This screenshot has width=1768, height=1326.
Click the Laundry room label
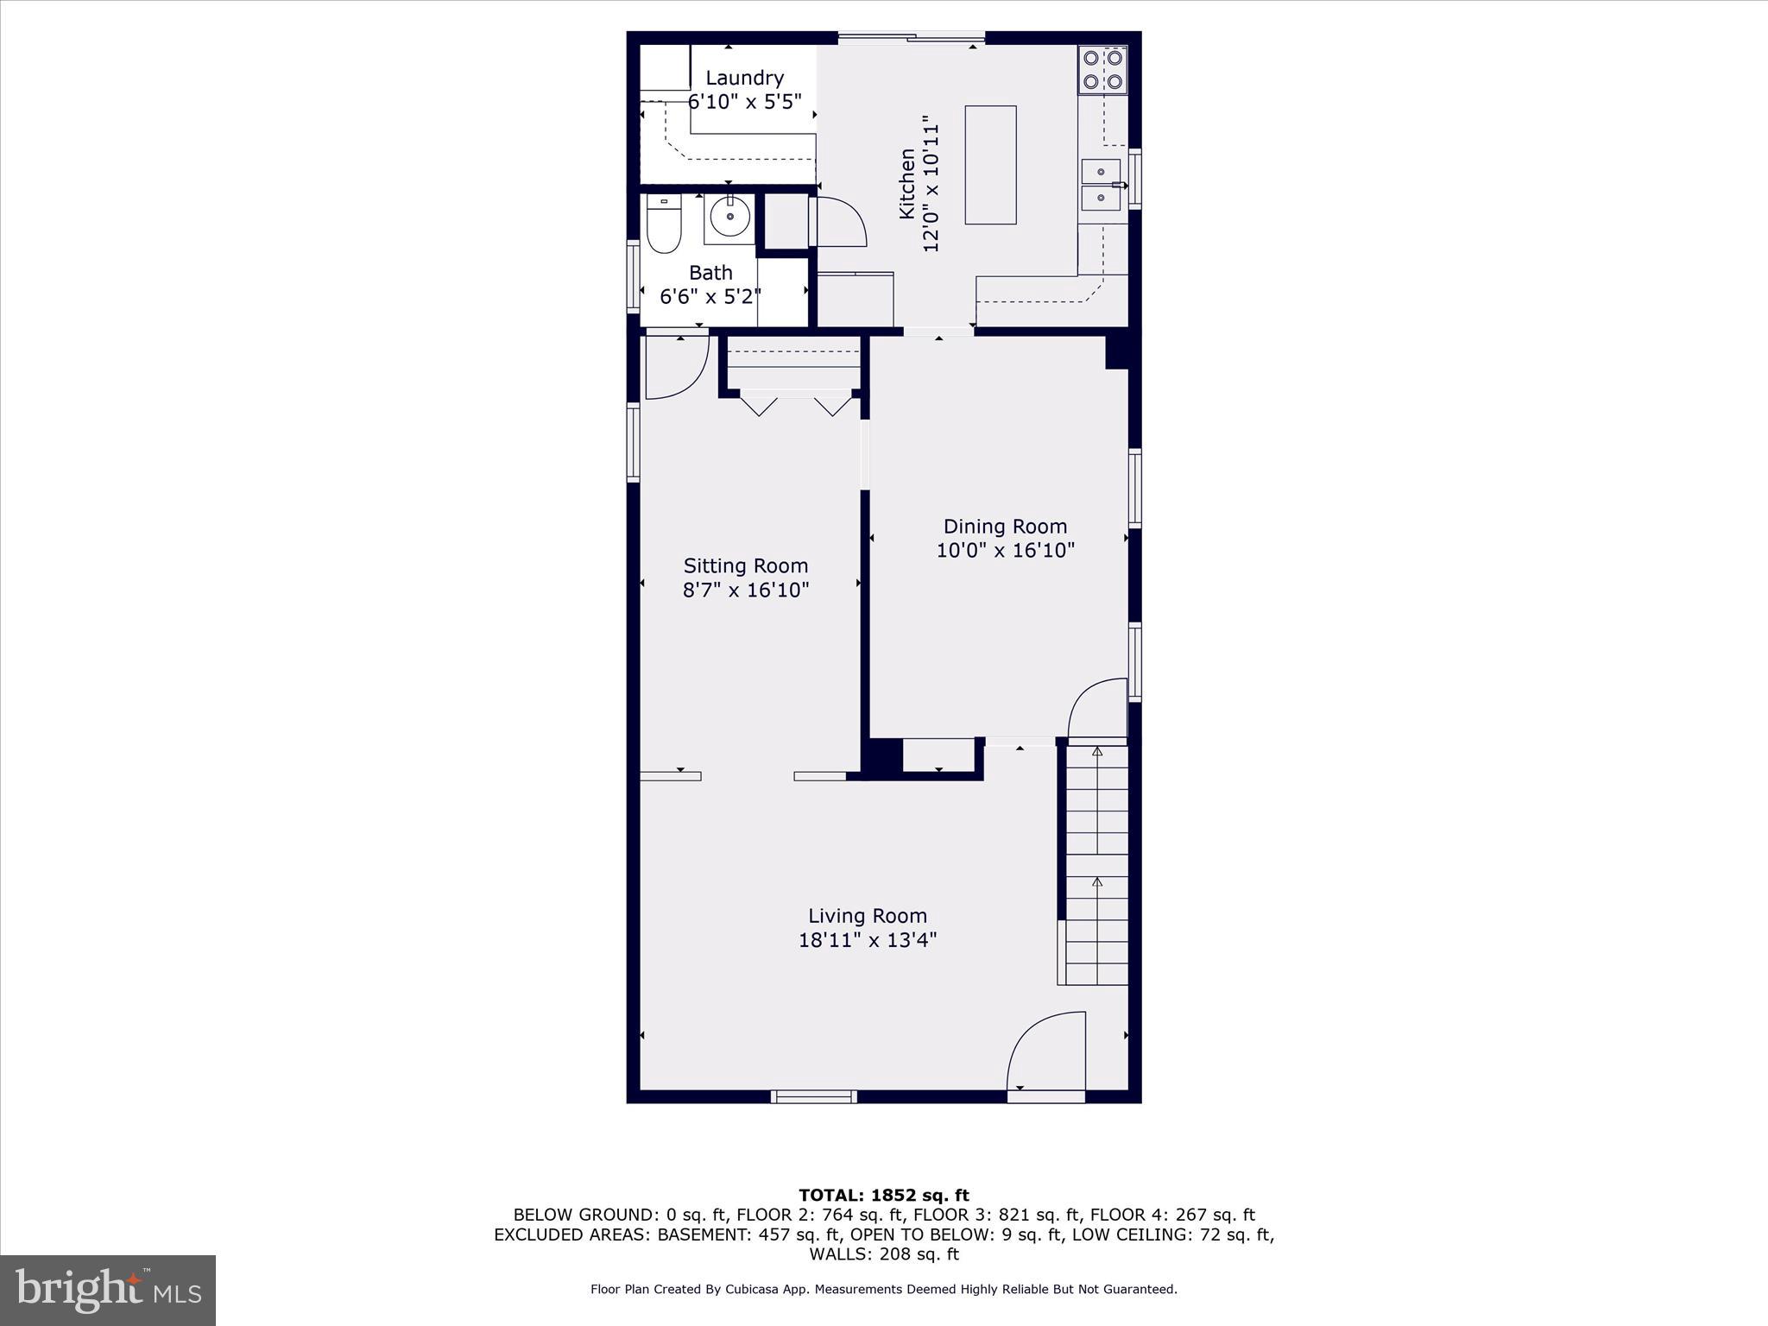pos(744,78)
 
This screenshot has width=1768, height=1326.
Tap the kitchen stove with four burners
pos(1102,70)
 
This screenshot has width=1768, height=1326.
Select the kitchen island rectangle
pos(990,165)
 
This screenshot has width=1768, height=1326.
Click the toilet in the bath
pos(663,224)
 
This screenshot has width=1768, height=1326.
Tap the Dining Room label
pos(1005,526)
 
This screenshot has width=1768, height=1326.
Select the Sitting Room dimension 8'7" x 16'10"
pos(746,590)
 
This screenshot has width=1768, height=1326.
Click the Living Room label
pos(867,915)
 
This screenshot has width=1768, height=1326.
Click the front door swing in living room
pos(1045,1053)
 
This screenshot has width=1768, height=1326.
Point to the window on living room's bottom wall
pos(813,1096)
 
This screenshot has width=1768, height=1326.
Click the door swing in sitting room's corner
pos(675,367)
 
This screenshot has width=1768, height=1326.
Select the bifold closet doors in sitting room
pos(795,404)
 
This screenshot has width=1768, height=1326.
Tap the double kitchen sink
pos(1101,185)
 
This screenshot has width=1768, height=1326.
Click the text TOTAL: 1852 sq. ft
pos(883,1195)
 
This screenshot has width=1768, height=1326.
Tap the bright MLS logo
pos(108,1291)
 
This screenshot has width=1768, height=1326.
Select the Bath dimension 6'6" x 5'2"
pos(710,297)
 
